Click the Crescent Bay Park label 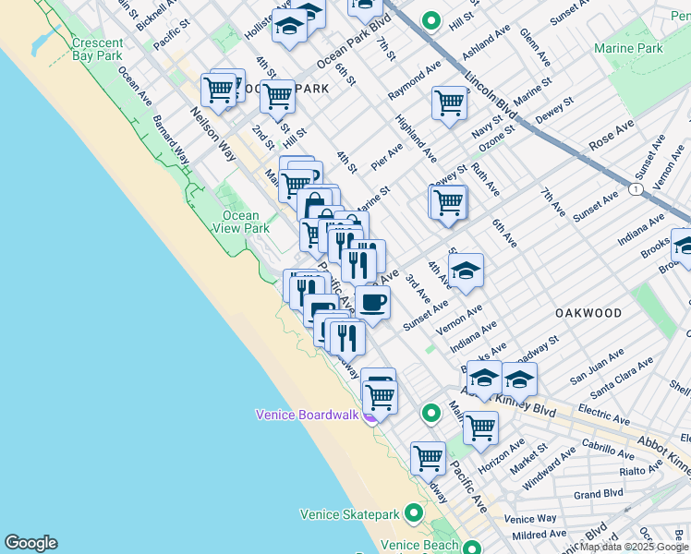(96, 49)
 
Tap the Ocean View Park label (241, 222)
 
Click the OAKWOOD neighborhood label (588, 313)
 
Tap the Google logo (30, 543)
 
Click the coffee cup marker (372, 302)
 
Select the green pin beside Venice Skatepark (414, 512)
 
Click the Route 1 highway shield (636, 188)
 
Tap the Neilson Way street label (215, 125)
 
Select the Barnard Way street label (171, 140)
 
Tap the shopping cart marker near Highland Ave (449, 103)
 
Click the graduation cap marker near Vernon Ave (466, 271)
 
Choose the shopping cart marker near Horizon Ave (480, 428)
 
